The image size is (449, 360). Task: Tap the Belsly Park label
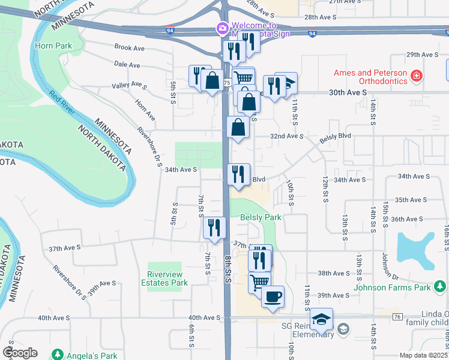click(x=261, y=217)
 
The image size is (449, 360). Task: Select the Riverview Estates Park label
click(x=164, y=278)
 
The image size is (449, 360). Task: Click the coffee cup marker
click(x=273, y=296)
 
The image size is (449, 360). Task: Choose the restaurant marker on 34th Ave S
click(x=238, y=175)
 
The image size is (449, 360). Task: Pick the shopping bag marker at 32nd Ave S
click(x=239, y=127)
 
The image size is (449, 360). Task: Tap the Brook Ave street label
click(x=129, y=47)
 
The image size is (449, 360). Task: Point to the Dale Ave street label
click(x=127, y=65)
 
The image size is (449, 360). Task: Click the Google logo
click(x=20, y=352)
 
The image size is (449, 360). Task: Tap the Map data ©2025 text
click(x=423, y=355)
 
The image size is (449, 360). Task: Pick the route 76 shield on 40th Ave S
click(x=397, y=316)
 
